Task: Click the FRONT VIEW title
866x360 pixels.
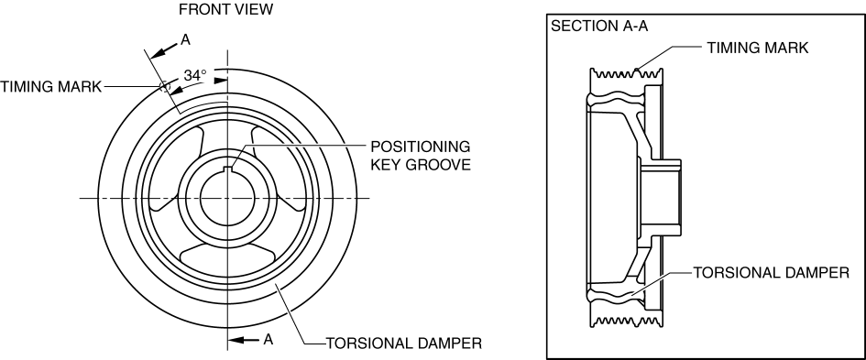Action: click(225, 9)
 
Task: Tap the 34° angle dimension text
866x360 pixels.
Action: click(195, 76)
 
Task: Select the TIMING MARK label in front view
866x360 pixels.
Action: click(50, 87)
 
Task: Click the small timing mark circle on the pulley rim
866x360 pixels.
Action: click(163, 87)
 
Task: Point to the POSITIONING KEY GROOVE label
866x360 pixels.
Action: click(421, 155)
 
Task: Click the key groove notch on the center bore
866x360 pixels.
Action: click(227, 169)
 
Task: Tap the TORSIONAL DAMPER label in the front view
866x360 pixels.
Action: click(404, 343)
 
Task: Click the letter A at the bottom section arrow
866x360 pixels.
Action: click(268, 340)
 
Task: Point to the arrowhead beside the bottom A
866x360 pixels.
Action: click(236, 340)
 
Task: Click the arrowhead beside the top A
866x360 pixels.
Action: click(157, 53)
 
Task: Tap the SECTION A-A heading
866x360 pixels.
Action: click(599, 26)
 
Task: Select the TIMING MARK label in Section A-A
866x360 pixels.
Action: click(758, 48)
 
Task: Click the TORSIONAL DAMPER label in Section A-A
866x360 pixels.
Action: click(771, 273)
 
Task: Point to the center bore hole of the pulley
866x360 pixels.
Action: click(227, 198)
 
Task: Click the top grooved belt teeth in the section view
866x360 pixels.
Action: click(626, 74)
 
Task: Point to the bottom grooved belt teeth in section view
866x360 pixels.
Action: click(626, 322)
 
